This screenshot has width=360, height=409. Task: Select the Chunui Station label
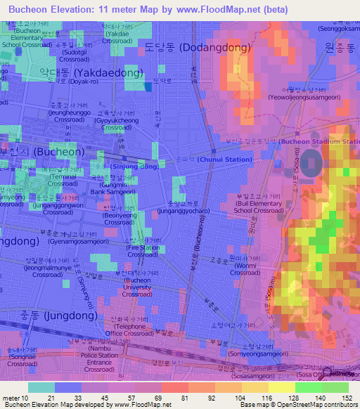224,160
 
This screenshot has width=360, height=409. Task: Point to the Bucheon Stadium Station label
319,142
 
